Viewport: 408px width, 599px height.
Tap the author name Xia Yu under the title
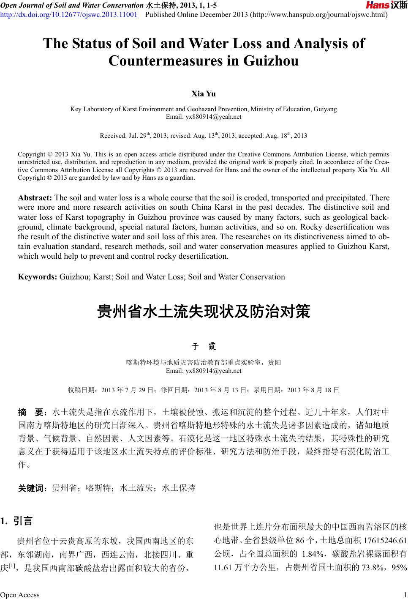tap(204, 93)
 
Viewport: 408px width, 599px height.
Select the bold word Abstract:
tap(35, 198)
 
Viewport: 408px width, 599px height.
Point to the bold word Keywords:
tap(38, 277)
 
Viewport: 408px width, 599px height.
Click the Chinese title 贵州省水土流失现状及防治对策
tap(204, 312)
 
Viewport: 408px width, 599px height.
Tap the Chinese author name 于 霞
tap(204, 347)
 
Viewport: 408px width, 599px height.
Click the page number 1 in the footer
tap(405, 595)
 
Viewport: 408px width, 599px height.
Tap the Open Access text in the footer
tap(20, 595)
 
